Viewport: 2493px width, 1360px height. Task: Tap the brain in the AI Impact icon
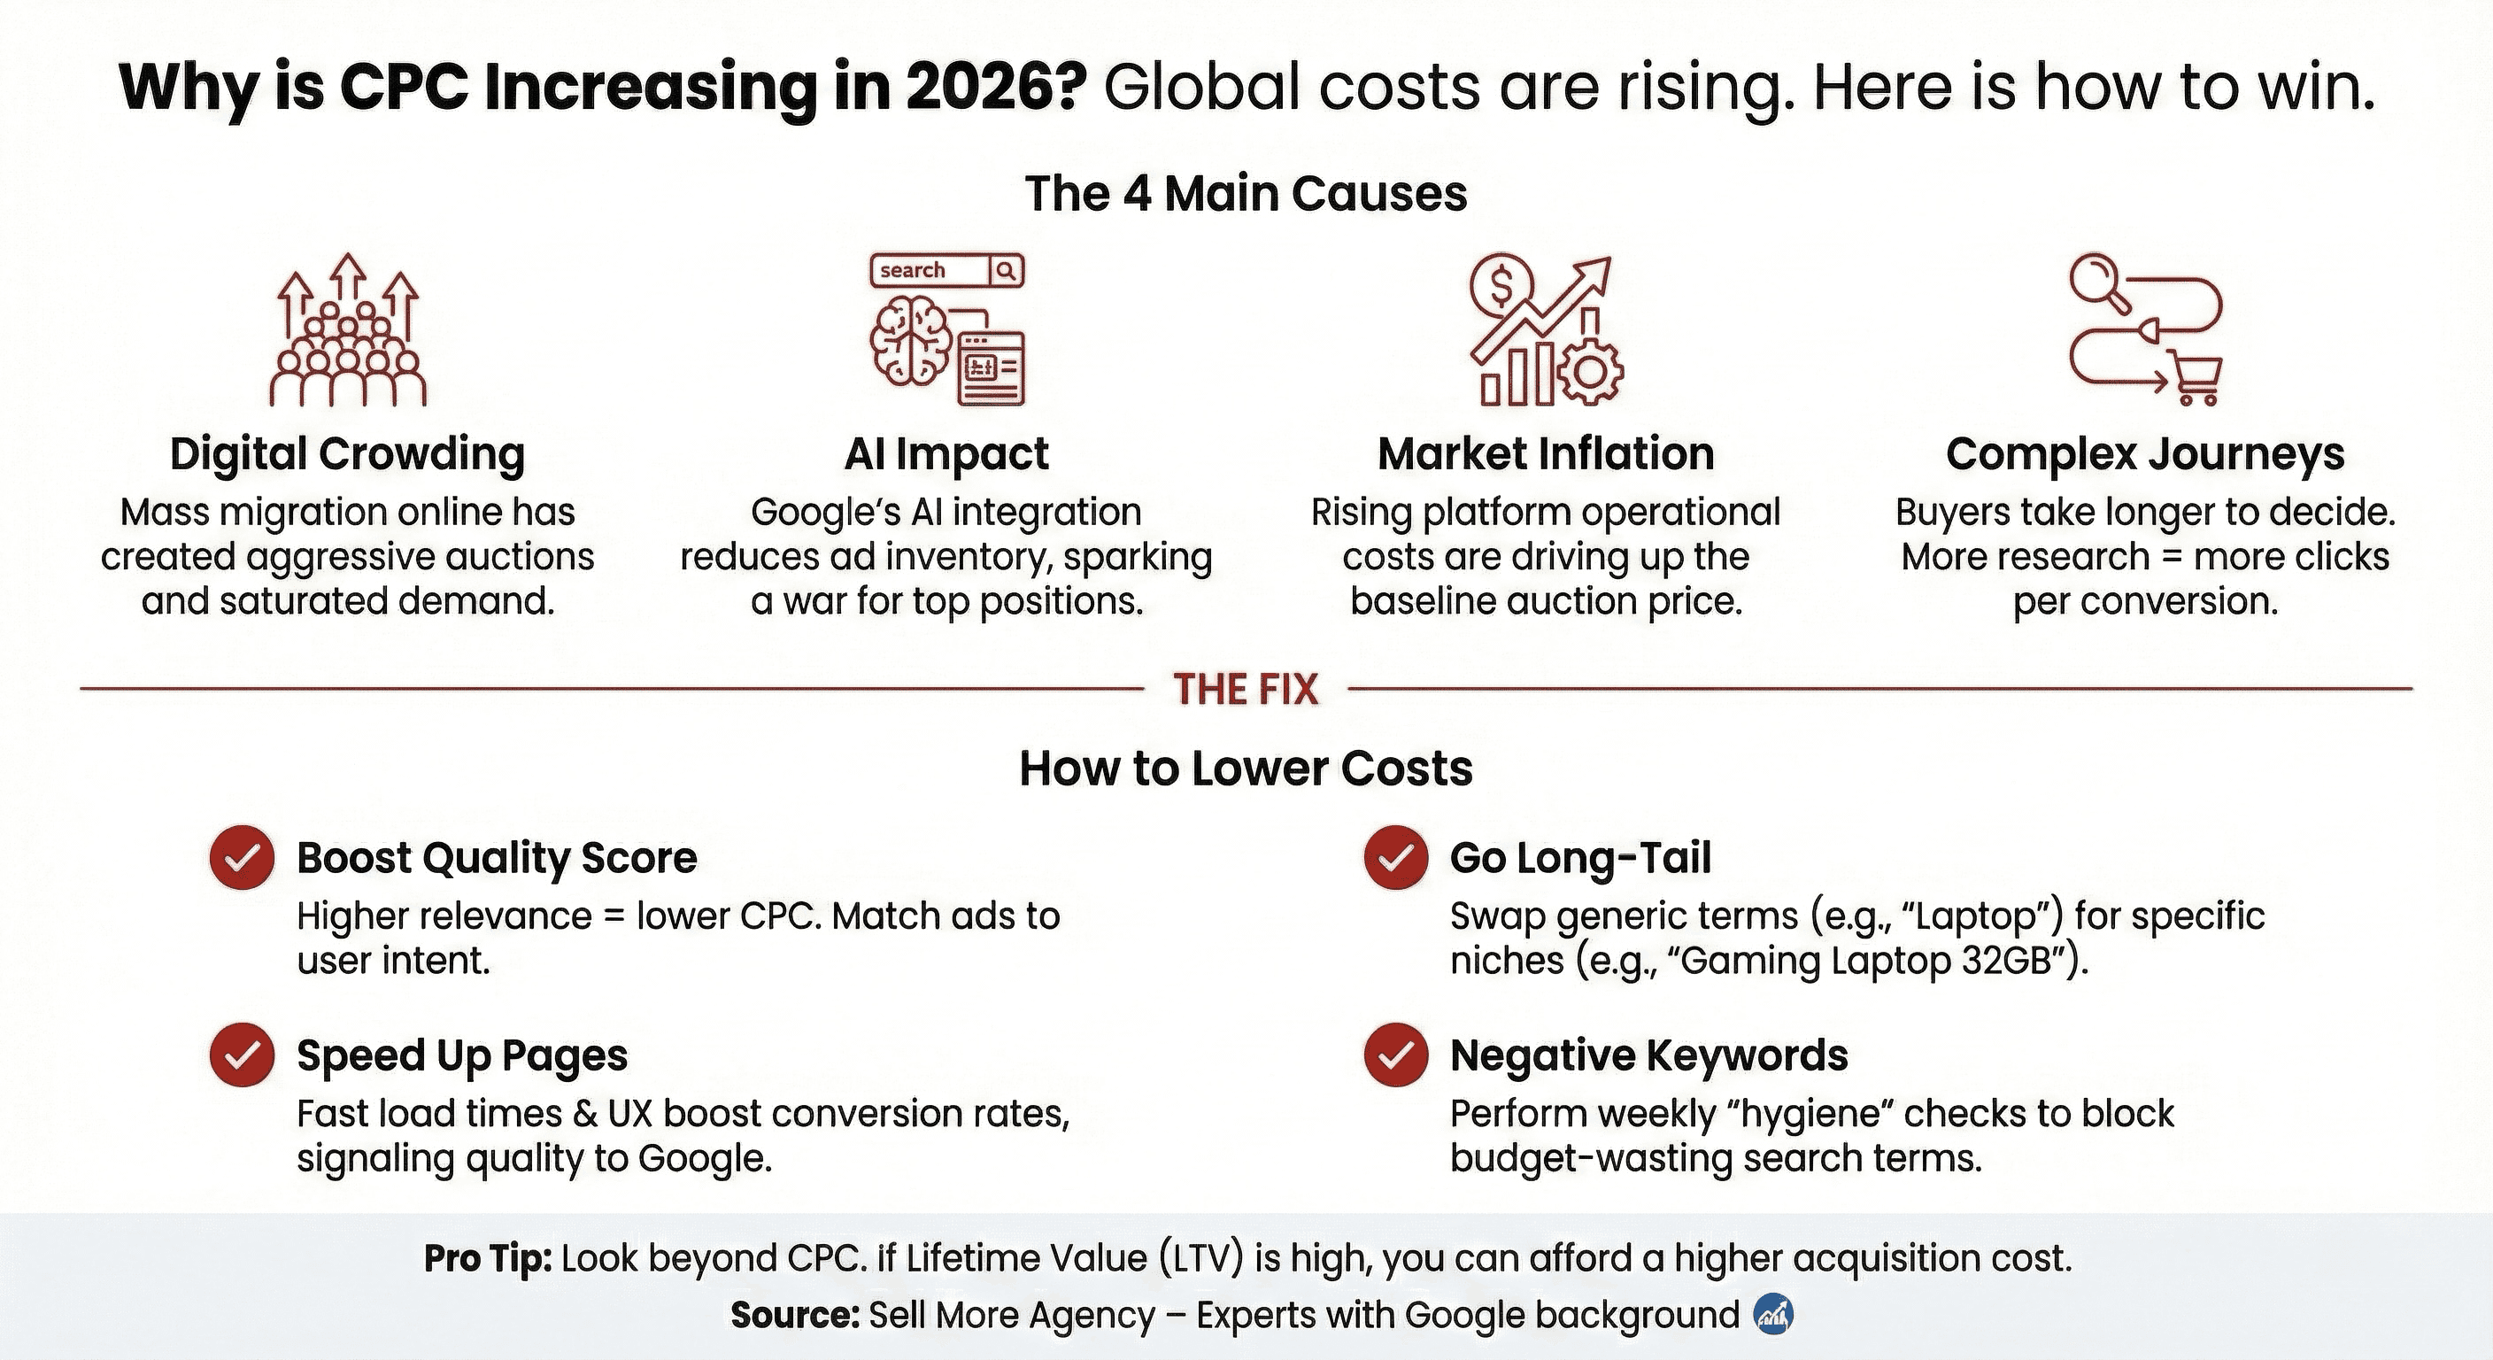(907, 340)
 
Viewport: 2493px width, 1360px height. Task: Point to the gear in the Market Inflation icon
(1589, 372)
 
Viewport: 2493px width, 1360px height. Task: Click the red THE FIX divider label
(1246, 689)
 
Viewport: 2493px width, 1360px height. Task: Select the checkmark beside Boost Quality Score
(242, 858)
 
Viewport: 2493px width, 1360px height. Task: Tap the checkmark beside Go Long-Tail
(1395, 858)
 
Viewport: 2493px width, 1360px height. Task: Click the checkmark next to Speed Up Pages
(242, 1055)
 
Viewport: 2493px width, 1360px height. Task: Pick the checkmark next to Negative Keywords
(1395, 1055)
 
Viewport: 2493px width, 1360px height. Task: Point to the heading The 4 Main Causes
(1246, 193)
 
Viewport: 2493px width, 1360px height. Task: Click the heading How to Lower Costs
(1246, 769)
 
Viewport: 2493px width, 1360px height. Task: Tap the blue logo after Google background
(1773, 1315)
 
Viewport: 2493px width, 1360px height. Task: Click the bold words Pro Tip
(488, 1258)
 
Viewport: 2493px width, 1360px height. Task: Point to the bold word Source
(794, 1316)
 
